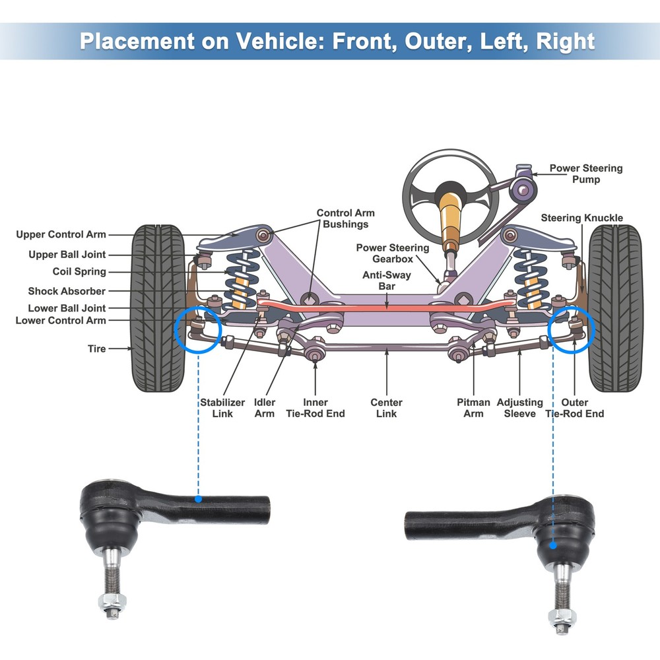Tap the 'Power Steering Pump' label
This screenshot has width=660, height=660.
585,174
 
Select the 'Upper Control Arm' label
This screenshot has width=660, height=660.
61,234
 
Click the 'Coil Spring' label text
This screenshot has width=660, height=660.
79,272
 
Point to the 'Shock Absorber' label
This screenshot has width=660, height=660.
67,291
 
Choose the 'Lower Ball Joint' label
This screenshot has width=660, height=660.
67,308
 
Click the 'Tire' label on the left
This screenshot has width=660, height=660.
96,348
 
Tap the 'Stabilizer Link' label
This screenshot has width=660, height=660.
222,408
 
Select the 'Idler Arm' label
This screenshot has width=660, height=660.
265,408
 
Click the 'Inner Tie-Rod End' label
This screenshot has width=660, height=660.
315,408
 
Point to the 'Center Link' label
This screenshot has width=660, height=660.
386,408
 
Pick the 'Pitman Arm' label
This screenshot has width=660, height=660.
473,408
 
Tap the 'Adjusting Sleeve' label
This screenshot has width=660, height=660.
519,408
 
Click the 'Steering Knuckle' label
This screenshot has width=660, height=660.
581,218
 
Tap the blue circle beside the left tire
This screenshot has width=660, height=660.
198,330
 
